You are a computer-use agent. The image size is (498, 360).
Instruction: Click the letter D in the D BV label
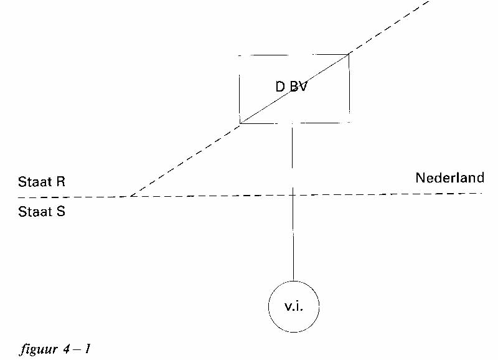pyautogui.click(x=280, y=87)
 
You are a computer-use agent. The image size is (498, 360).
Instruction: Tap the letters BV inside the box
pyautogui.click(x=299, y=87)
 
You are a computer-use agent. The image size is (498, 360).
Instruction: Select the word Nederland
pyautogui.click(x=449, y=178)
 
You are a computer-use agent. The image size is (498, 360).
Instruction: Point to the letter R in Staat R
pyautogui.click(x=60, y=182)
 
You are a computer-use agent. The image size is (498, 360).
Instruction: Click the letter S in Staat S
pyautogui.click(x=60, y=212)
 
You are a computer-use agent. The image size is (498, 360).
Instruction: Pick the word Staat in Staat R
pyautogui.click(x=35, y=182)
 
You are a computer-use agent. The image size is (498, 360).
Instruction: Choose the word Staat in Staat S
pyautogui.click(x=35, y=212)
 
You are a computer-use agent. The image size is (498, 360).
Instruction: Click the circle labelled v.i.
pyautogui.click(x=293, y=306)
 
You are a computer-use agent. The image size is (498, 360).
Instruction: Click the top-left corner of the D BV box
pyautogui.click(x=240, y=55)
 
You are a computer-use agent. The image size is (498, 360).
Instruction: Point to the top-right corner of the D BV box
pyautogui.click(x=349, y=55)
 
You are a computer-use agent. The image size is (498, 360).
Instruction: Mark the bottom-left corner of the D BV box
pyautogui.click(x=240, y=123)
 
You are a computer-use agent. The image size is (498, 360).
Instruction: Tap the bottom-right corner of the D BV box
pyautogui.click(x=349, y=123)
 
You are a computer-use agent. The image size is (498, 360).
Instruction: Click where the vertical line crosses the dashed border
pyautogui.click(x=293, y=196)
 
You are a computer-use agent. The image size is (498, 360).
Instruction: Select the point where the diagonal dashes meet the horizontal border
pyautogui.click(x=129, y=196)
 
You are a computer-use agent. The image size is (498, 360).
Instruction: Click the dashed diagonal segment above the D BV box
pyautogui.click(x=390, y=27)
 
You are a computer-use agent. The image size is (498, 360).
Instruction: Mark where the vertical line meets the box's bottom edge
pyautogui.click(x=293, y=123)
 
